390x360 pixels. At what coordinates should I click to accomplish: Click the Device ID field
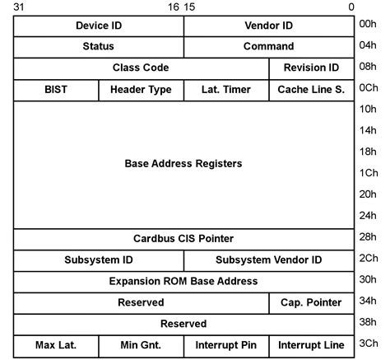[x=99, y=26]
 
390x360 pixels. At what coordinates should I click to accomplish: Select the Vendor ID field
[x=268, y=26]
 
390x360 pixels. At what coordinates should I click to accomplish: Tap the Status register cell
[x=99, y=47]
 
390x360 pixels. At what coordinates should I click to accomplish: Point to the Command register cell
[x=268, y=47]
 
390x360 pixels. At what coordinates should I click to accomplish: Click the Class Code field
[x=142, y=68]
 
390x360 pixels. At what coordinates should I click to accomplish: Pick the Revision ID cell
[x=311, y=68]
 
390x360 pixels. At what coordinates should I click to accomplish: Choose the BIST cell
[x=56, y=89]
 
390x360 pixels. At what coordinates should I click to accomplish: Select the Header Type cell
[x=141, y=89]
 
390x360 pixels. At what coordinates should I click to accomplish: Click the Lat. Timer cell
[x=226, y=89]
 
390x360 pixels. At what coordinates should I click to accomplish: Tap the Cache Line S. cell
[x=311, y=89]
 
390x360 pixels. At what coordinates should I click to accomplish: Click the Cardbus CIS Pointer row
[x=183, y=239]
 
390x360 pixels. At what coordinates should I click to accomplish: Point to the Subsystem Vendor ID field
[x=268, y=260]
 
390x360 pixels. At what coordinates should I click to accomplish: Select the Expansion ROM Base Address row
[x=183, y=282]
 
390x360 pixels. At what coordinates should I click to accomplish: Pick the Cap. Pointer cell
[x=311, y=303]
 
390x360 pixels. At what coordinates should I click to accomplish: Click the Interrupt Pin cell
[x=226, y=345]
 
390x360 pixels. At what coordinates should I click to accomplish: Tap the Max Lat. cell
[x=56, y=345]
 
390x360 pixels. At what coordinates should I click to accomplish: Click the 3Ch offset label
[x=368, y=345]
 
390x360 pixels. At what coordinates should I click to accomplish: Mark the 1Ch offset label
[x=368, y=174]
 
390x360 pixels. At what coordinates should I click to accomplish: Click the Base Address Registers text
[x=183, y=164]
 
